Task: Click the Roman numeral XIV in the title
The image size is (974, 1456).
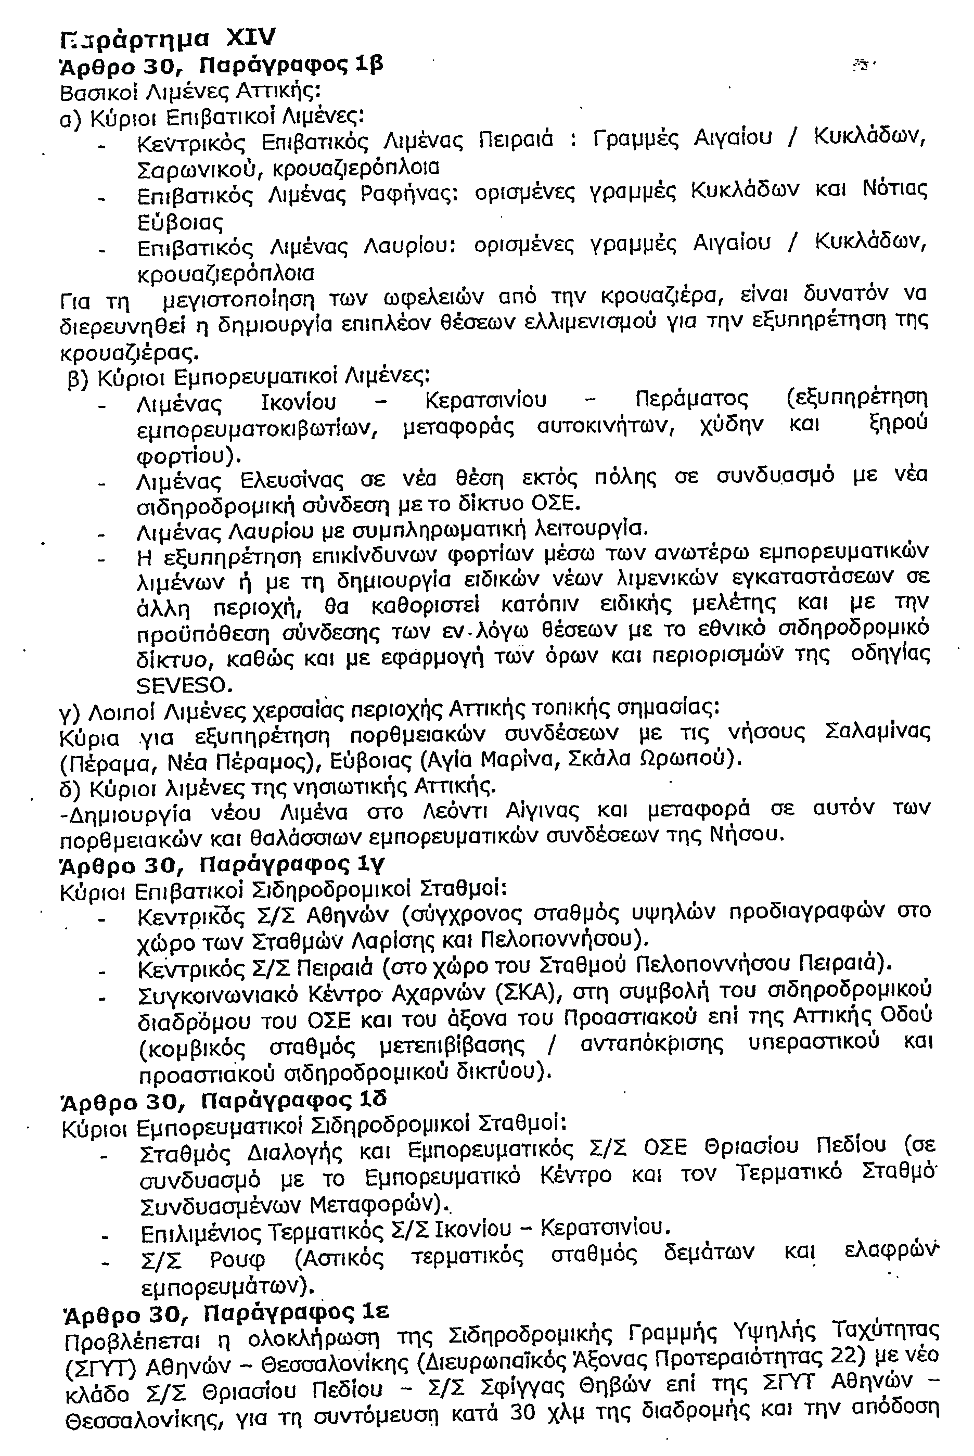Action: [x=250, y=38]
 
